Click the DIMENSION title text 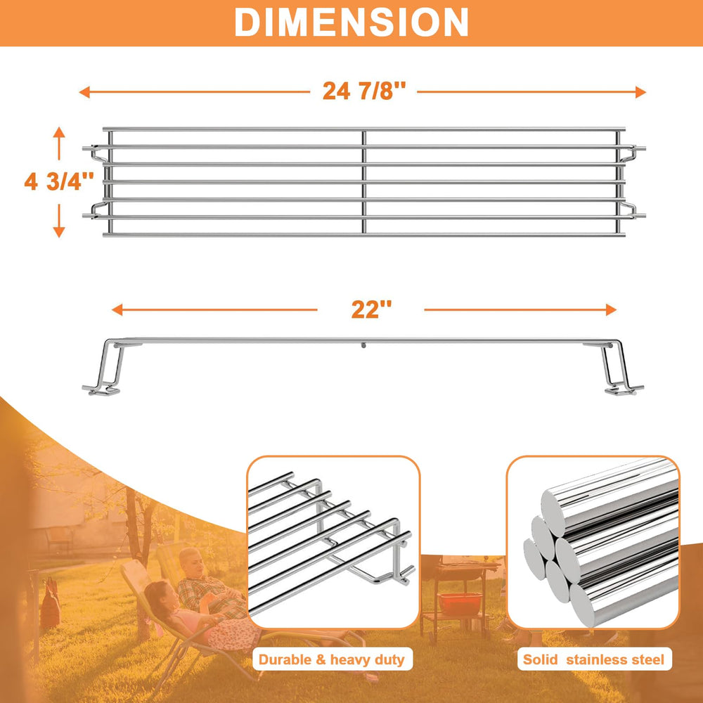point(351,22)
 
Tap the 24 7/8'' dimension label point(364,91)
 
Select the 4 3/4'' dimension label point(59,181)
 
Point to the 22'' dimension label point(371,309)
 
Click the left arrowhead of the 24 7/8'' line point(84,92)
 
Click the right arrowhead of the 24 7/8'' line point(640,92)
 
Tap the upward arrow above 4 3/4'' point(59,143)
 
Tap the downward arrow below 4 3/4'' point(59,221)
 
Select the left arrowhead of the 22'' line point(117,309)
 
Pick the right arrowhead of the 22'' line point(611,309)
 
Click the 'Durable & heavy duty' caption point(332,659)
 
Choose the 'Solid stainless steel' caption point(593,659)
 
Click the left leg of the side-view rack point(106,367)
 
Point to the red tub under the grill point(460,603)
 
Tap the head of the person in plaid point(191,562)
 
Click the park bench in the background point(60,538)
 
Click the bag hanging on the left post point(50,603)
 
